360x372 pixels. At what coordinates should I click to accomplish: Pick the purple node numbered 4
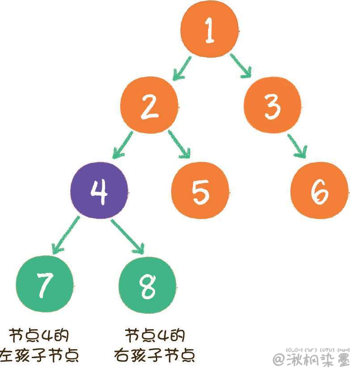coord(100,190)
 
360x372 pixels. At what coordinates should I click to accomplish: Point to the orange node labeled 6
coord(320,190)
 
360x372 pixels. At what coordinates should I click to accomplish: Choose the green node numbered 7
coord(44,284)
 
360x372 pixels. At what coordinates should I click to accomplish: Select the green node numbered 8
coord(148,285)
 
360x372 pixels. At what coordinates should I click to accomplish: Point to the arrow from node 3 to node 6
coord(297,146)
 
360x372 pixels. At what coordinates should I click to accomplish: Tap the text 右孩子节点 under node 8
coord(155,355)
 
